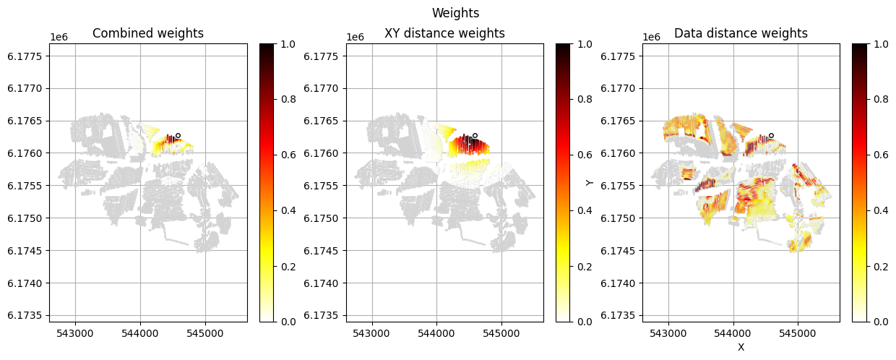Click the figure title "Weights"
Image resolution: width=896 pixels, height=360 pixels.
(455, 13)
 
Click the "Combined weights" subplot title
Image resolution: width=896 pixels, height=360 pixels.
(148, 33)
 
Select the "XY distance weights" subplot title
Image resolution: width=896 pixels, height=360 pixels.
(444, 33)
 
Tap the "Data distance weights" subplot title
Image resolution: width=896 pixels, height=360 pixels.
(741, 33)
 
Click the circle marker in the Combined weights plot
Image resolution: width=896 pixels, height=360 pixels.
(178, 135)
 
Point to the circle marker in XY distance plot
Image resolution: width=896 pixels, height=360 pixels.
(475, 135)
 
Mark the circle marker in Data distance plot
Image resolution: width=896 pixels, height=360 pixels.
(771, 135)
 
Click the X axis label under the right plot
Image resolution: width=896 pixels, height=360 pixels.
(741, 347)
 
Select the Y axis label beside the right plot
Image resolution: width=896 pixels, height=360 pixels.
(590, 183)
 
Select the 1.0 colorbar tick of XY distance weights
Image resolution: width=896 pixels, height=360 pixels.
(584, 43)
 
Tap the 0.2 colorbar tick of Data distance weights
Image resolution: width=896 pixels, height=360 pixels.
(880, 266)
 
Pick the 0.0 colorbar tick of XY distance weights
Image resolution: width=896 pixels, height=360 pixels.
(584, 322)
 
